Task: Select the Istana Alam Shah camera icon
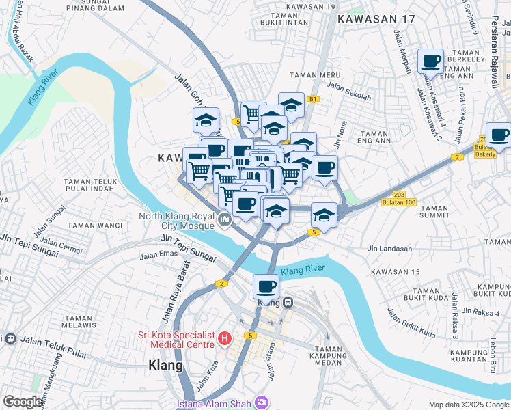[260, 402]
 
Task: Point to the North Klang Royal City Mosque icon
[225, 220]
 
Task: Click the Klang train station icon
[289, 301]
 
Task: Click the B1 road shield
[313, 100]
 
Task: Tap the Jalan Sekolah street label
[348, 91]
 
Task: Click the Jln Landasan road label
[389, 249]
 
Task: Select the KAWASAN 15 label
[395, 272]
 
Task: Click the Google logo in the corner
[23, 402]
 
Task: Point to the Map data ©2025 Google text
[469, 405]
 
